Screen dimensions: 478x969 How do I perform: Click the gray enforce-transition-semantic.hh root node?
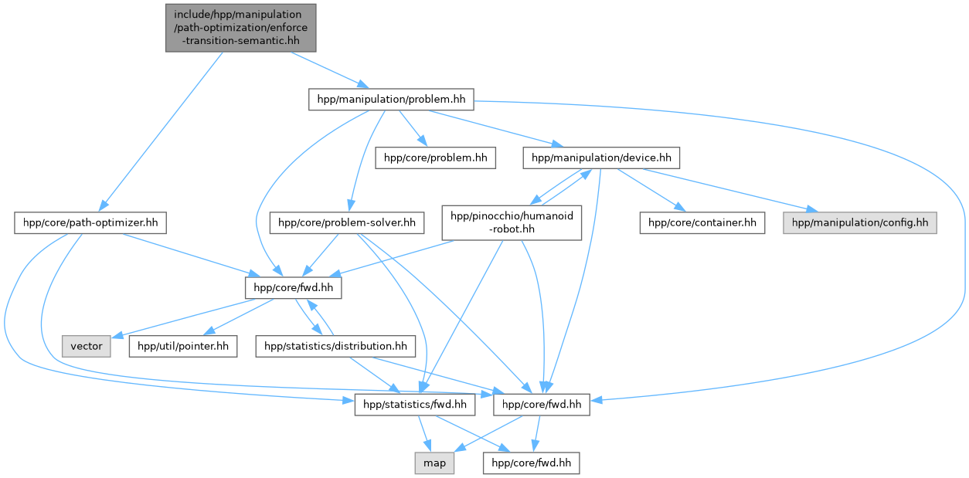(x=240, y=28)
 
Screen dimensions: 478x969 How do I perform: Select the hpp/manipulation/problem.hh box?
(x=391, y=100)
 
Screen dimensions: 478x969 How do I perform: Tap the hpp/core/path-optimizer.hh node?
(x=91, y=224)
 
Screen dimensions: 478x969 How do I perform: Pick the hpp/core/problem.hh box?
(x=436, y=158)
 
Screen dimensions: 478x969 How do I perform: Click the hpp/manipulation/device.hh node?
(x=600, y=158)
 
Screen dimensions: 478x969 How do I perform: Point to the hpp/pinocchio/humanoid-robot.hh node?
(x=511, y=223)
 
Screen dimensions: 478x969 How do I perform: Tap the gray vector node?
(x=87, y=346)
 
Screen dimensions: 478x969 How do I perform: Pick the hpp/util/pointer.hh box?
(x=182, y=346)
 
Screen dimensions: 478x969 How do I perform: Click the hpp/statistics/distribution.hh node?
(x=335, y=346)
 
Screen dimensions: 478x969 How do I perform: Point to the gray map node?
(x=434, y=463)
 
